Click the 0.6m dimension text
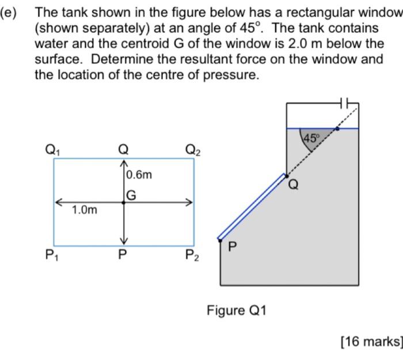[139, 174]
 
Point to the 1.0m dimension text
[85, 210]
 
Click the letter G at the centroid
[131, 196]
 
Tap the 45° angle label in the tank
[311, 138]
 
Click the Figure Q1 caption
[237, 311]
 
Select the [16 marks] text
[371, 342]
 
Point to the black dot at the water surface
[337, 128]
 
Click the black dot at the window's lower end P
[219, 238]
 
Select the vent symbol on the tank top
[345, 104]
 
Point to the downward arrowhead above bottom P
[123, 240]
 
